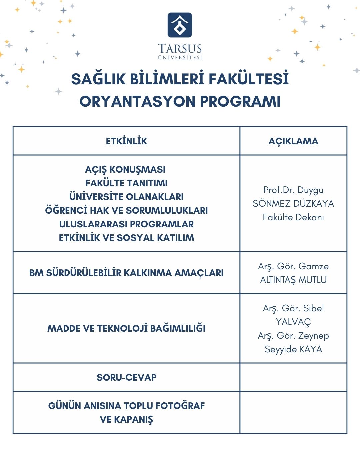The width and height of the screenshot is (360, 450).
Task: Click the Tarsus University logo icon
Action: (x=180, y=25)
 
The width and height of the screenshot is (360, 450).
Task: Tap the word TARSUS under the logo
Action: (x=180, y=49)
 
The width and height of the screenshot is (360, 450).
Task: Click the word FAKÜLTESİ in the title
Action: (x=249, y=79)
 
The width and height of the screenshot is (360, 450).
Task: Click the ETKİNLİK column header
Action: (x=126, y=141)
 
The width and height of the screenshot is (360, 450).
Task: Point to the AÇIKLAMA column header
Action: (x=293, y=141)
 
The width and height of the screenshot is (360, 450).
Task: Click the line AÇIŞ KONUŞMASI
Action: (x=125, y=170)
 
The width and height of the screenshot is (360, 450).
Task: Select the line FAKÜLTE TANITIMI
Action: (x=126, y=183)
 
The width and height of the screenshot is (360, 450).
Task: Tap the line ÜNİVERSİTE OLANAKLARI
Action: (x=126, y=197)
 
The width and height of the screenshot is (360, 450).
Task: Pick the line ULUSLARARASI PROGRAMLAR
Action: (x=126, y=224)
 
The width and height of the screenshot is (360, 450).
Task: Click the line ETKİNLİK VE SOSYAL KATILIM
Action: (x=126, y=238)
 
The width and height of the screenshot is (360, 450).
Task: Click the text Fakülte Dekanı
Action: (x=293, y=217)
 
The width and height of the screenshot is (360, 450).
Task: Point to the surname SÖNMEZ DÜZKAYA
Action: (x=293, y=204)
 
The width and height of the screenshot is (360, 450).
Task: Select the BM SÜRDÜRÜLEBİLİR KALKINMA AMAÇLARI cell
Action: (x=126, y=273)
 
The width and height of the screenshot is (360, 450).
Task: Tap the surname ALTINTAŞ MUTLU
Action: (x=293, y=280)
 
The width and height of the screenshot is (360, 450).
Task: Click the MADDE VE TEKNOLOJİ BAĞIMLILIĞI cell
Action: (x=126, y=328)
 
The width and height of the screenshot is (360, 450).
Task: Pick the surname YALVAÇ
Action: (x=293, y=322)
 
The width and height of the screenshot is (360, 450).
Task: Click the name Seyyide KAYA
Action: (x=293, y=349)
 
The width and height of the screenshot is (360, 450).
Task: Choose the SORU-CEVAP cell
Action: (x=126, y=377)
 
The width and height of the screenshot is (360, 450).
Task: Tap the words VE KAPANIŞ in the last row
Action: (x=126, y=419)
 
